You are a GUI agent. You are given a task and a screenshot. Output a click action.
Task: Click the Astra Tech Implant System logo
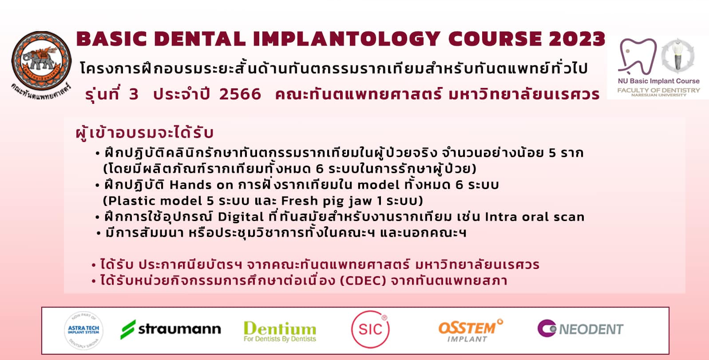tap(83, 330)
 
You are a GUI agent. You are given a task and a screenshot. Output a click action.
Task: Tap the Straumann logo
tap(170, 329)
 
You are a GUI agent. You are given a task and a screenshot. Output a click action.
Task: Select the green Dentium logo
tap(280, 331)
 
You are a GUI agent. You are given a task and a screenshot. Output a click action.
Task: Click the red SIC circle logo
tap(370, 329)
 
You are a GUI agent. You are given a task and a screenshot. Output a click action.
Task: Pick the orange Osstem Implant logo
tap(470, 330)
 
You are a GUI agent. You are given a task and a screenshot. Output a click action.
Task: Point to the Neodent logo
tap(581, 328)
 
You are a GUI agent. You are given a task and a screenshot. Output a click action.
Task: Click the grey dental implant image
tap(677, 55)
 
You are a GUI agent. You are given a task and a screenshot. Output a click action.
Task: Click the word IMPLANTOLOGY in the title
tap(347, 39)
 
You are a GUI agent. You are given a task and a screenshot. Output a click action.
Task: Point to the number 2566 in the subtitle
tap(240, 94)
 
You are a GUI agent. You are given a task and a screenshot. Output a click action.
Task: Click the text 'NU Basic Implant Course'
tap(659, 81)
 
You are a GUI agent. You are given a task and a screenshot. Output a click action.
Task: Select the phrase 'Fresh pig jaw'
tap(327, 201)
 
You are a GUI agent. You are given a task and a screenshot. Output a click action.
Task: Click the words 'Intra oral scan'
tap(535, 217)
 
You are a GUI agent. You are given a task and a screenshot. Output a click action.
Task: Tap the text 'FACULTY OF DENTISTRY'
tap(659, 91)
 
